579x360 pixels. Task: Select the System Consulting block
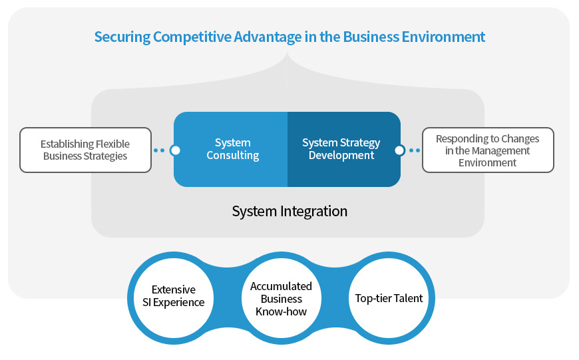click(x=232, y=149)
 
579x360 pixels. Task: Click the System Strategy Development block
click(x=342, y=149)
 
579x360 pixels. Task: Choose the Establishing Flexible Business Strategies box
click(x=85, y=150)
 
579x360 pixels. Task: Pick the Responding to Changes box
click(x=488, y=150)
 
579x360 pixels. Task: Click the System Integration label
click(x=289, y=212)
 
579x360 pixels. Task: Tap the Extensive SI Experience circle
click(x=174, y=295)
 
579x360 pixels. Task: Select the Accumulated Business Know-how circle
click(x=281, y=298)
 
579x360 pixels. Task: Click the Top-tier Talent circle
click(x=389, y=298)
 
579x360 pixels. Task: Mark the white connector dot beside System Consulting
click(x=175, y=150)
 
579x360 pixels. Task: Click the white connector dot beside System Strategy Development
click(x=399, y=150)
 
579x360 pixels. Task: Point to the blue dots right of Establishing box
click(x=158, y=150)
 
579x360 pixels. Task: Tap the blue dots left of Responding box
click(x=415, y=150)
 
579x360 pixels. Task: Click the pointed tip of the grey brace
click(x=288, y=53)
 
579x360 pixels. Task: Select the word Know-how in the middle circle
click(x=281, y=311)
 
